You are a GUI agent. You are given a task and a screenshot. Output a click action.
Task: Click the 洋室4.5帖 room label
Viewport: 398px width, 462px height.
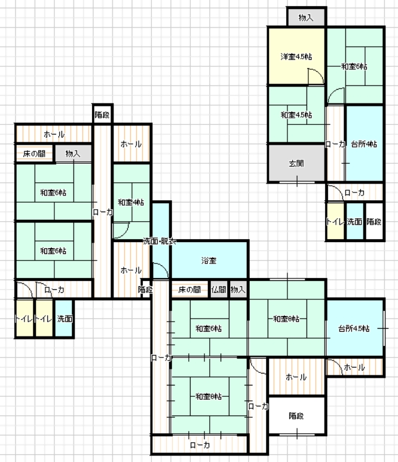tap(296, 56)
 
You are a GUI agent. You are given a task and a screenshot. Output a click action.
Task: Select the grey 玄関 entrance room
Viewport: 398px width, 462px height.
tap(296, 163)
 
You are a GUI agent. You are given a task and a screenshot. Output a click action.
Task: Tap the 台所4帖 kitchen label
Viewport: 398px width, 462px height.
tap(364, 144)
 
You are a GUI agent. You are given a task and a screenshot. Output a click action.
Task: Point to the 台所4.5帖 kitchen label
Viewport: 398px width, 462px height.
tap(354, 328)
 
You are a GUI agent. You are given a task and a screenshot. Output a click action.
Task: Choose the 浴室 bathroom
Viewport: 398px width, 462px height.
tap(210, 260)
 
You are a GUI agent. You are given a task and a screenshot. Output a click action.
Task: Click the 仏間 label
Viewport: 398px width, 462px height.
tap(219, 290)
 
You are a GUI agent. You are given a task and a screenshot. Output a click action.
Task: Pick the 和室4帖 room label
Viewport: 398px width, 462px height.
tap(131, 202)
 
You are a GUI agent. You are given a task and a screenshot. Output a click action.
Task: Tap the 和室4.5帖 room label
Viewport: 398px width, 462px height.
tap(296, 115)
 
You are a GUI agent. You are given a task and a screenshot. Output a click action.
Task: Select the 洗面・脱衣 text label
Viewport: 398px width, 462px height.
tap(160, 241)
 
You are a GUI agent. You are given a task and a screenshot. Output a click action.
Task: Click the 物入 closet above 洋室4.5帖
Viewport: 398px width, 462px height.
tap(306, 17)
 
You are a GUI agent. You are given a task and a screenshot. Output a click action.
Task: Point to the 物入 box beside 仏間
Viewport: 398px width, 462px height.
tap(238, 289)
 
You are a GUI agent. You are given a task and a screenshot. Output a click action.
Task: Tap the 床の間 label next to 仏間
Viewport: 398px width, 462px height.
tap(189, 290)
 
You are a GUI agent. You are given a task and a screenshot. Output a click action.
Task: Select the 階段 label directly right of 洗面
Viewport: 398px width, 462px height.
tap(374, 222)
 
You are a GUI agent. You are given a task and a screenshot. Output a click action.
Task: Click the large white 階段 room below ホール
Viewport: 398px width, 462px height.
tap(296, 415)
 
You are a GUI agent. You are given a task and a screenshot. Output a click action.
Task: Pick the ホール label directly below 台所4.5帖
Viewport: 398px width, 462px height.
tap(354, 367)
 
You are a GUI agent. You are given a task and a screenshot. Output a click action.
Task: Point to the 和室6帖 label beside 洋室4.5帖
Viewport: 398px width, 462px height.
tap(354, 66)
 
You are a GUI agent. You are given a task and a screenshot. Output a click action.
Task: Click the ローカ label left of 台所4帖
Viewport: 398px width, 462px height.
tap(335, 144)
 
